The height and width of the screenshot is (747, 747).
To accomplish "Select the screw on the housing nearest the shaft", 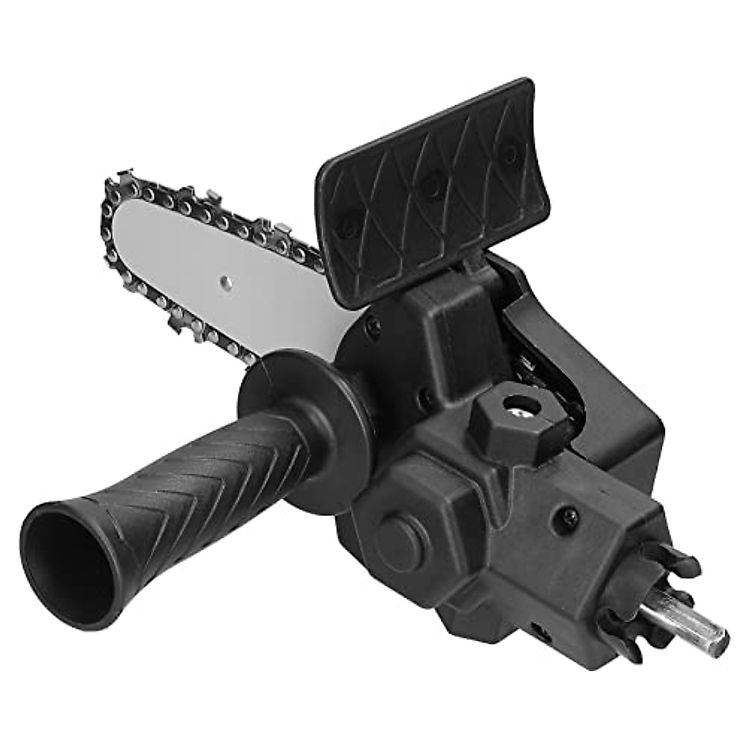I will [x=571, y=514].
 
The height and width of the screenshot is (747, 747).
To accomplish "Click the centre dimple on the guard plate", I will [x=429, y=182].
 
